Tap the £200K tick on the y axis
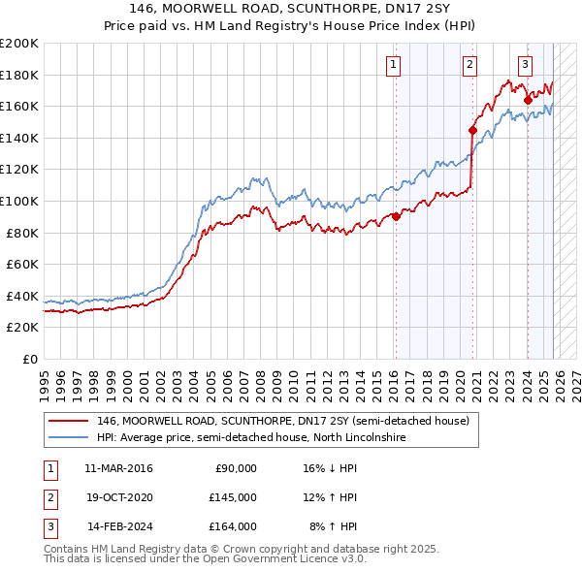pos(19,44)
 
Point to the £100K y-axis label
pos(19,201)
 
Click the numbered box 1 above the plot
pos(394,65)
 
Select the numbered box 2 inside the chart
pos(469,65)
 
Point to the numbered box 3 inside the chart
pos(525,65)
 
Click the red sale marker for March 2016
pos(396,217)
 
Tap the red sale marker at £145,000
pos(472,130)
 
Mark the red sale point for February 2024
pos(528,100)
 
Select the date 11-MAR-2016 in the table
pos(119,468)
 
